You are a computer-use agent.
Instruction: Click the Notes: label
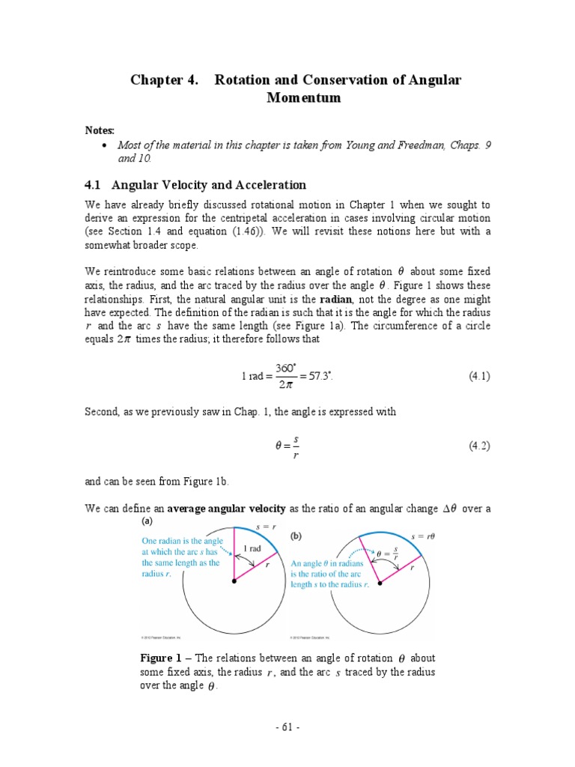coord(100,130)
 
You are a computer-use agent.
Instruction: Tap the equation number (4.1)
coord(479,377)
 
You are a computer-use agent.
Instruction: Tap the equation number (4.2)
coord(479,446)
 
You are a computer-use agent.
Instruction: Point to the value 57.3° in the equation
coord(315,377)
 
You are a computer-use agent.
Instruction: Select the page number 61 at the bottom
coord(288,726)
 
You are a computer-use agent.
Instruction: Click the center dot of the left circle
coord(234,581)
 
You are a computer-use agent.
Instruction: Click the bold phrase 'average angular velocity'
coord(226,509)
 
